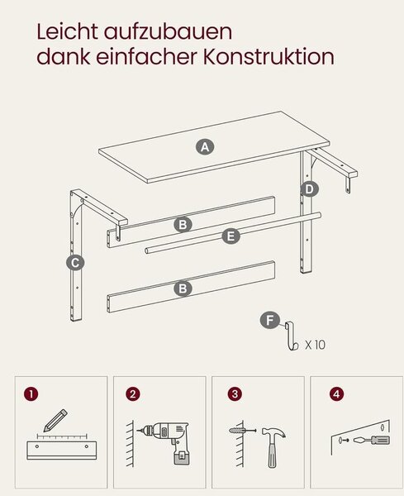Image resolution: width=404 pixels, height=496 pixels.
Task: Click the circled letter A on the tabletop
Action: tap(205, 147)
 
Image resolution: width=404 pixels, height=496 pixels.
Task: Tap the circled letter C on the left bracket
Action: tap(75, 263)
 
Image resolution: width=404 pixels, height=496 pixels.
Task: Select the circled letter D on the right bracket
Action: tap(309, 189)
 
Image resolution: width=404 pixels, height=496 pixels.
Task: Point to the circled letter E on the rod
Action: tap(231, 236)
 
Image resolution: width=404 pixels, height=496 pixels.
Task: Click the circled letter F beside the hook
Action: tap(269, 321)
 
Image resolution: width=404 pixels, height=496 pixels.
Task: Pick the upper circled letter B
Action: tap(183, 225)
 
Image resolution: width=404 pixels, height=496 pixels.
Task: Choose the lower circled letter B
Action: tap(183, 289)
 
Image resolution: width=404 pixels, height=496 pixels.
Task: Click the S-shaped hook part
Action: tap(291, 336)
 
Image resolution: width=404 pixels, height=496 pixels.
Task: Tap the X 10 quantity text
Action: tap(315, 345)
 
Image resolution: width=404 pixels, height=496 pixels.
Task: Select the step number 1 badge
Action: tap(31, 394)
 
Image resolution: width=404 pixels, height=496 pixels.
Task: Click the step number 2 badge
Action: tap(133, 394)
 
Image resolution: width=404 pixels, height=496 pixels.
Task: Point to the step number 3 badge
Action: tap(235, 394)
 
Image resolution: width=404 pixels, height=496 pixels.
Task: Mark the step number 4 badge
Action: tap(336, 394)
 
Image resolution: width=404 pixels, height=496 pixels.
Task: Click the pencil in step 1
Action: tap(55, 421)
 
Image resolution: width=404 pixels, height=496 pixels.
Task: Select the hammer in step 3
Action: tap(273, 446)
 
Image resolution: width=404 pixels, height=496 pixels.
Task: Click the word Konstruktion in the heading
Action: tap(269, 57)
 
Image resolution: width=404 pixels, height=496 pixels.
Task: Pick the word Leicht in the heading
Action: tap(67, 31)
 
